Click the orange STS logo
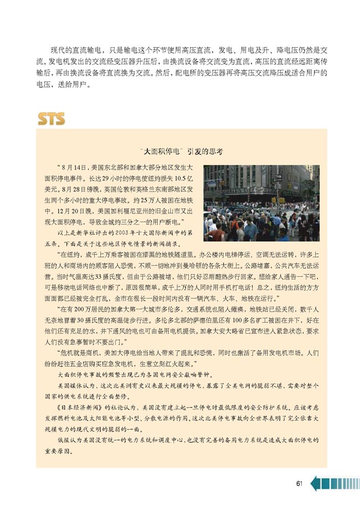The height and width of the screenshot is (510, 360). pos(51,118)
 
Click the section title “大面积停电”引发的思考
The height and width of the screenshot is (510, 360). pos(182,151)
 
